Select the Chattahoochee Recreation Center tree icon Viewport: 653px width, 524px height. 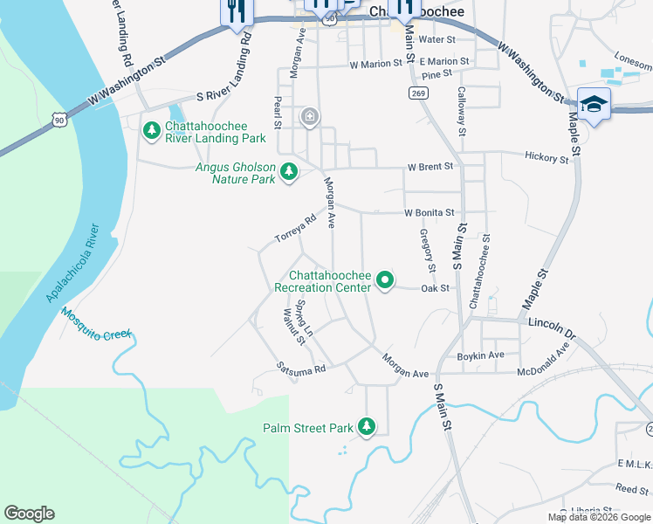pos(385,280)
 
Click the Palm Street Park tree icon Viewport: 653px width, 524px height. pos(368,427)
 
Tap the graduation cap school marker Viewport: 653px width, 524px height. pos(594,105)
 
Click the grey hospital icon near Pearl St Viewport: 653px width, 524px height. pos(309,117)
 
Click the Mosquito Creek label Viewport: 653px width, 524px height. pos(96,334)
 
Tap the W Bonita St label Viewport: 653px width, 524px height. pos(429,212)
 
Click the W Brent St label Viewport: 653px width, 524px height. pos(430,166)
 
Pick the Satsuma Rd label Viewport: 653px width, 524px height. pos(301,369)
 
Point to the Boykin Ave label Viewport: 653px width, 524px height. pos(481,355)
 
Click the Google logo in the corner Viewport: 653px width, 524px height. pos(29,514)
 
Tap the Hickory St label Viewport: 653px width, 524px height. pos(546,156)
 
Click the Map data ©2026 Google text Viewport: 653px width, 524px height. pos(598,517)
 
